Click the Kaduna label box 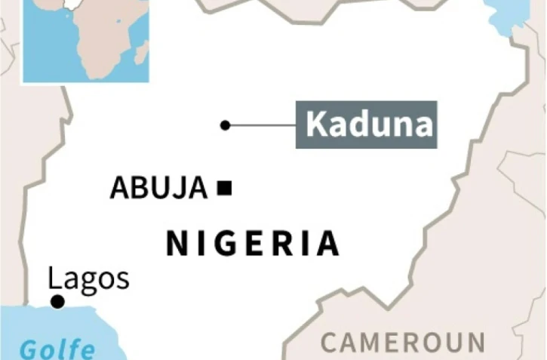tap(366, 124)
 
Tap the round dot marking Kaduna tap(225, 125)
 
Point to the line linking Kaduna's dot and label tap(261, 125)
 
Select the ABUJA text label tap(158, 188)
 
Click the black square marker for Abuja tap(224, 188)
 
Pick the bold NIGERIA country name tap(252, 244)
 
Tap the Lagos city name tap(88, 278)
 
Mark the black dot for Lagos tap(57, 303)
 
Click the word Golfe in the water tap(57, 349)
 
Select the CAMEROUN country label tap(403, 343)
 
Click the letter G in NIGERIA tap(226, 244)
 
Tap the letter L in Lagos tap(54, 278)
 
